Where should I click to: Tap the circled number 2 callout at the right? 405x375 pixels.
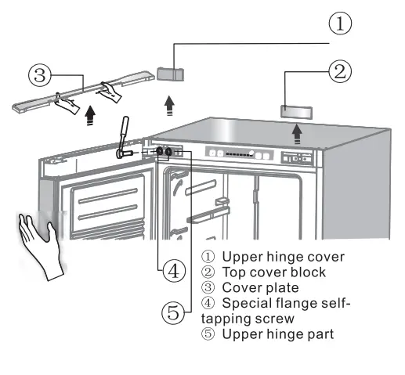[x=339, y=72]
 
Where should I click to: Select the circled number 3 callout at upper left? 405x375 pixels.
[x=40, y=75]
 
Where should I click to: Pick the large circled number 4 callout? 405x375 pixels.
[x=174, y=272]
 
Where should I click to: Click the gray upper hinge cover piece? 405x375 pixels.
[x=171, y=74]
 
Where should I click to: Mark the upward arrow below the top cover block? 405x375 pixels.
[x=298, y=133]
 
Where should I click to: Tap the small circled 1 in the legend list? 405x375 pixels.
[x=208, y=257]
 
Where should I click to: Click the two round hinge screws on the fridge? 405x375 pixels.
[x=165, y=151]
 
